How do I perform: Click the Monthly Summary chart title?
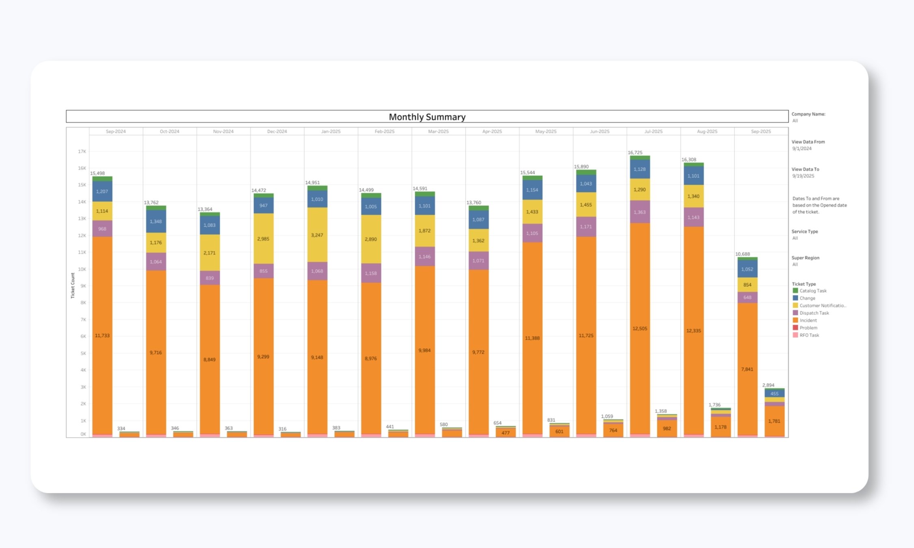tap(427, 117)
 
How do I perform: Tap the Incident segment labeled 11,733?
tap(102, 336)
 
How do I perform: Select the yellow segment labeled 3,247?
tap(317, 235)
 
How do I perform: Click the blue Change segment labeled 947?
tap(263, 205)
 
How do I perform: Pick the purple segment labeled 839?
tap(210, 278)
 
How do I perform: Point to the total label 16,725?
tap(635, 153)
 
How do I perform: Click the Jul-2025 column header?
tap(653, 132)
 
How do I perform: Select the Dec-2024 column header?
tap(277, 132)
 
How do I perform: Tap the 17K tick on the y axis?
tap(82, 151)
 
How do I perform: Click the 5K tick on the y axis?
tap(83, 353)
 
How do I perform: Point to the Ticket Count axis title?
tap(73, 285)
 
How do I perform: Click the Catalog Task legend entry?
tap(812, 291)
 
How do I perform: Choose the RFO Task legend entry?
tap(809, 335)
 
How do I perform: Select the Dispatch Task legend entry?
tap(814, 313)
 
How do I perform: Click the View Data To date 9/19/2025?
tap(803, 176)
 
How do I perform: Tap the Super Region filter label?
tap(805, 258)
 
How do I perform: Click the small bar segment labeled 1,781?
tap(774, 421)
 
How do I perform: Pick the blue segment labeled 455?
tap(774, 393)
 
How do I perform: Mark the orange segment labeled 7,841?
tap(747, 369)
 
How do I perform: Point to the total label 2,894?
tap(768, 385)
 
